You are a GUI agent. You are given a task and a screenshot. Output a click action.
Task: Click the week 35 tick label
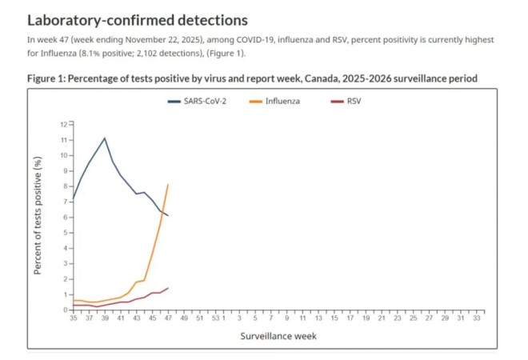[x=74, y=318]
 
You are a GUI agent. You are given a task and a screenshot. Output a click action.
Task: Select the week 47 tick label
[x=168, y=318]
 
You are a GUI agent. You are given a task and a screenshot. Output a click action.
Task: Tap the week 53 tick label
[x=215, y=318]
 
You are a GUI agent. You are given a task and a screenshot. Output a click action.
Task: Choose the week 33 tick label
[x=477, y=318]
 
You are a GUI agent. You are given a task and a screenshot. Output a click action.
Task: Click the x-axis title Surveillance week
[x=278, y=336]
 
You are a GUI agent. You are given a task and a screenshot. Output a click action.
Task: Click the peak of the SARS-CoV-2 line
[x=105, y=138]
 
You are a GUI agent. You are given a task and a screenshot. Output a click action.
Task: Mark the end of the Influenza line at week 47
[x=168, y=185]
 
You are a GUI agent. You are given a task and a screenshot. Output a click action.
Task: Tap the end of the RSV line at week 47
[x=168, y=288]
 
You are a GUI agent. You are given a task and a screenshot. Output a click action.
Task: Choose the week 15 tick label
[x=334, y=318]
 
